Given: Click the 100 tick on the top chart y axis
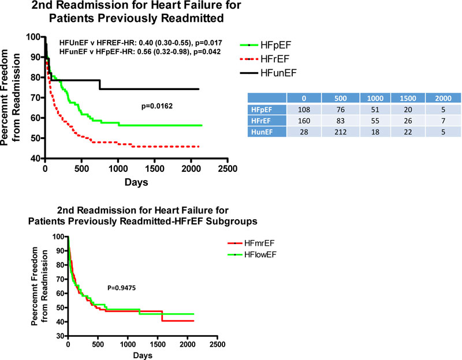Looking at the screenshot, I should point(34,37).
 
